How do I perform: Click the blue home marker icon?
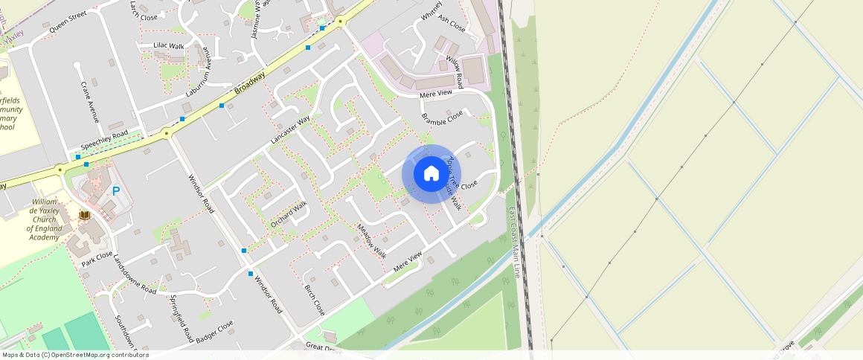(x=431, y=174)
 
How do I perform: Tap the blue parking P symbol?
(x=116, y=191)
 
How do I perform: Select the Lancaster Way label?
(x=290, y=129)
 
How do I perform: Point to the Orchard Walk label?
(x=289, y=214)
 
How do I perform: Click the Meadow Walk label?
(x=371, y=240)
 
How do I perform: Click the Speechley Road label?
(x=104, y=139)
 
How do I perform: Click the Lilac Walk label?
(x=168, y=46)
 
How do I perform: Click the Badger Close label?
(x=215, y=332)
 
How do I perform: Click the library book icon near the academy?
(x=85, y=215)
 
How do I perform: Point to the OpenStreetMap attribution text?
(x=74, y=355)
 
